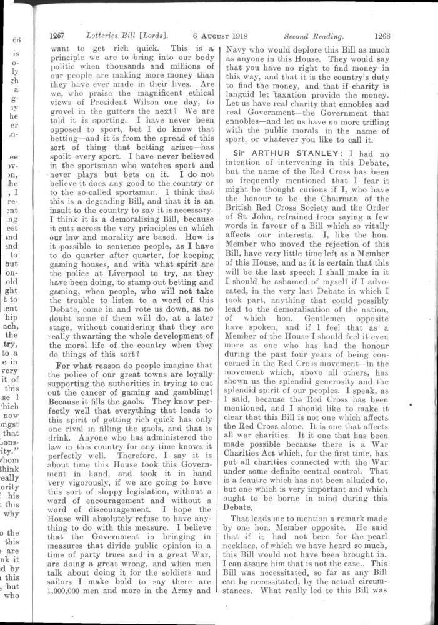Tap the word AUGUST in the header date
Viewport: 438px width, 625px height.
[x=214, y=36]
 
